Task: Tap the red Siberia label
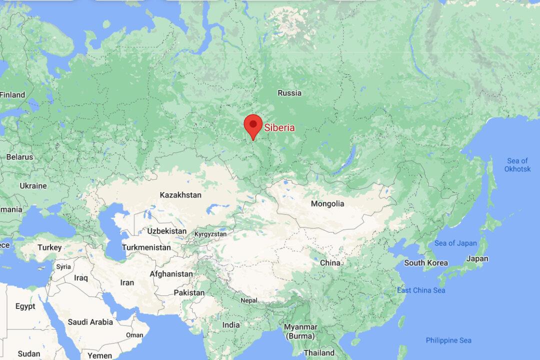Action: click(279, 127)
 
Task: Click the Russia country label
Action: click(289, 92)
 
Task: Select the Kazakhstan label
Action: click(180, 194)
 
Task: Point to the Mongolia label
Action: click(327, 203)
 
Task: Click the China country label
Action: click(330, 262)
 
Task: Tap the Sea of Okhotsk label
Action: click(517, 164)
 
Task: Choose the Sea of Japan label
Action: click(455, 243)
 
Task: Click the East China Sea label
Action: click(421, 290)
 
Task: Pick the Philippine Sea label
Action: click(448, 340)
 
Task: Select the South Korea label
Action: click(421, 262)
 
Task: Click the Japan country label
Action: click(477, 259)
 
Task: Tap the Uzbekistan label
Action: click(167, 231)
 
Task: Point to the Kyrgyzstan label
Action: click(210, 233)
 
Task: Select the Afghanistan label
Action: click(171, 274)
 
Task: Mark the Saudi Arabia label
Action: click(90, 322)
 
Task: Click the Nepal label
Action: click(249, 300)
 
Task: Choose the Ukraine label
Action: click(33, 185)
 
